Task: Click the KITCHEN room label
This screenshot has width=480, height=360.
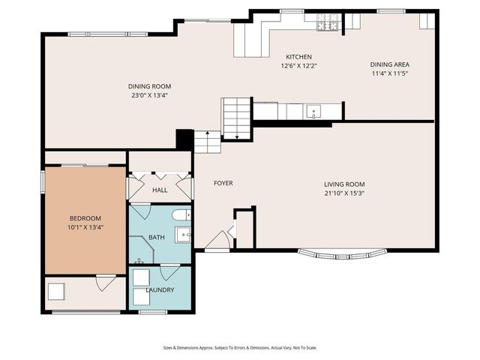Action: pyautogui.click(x=298, y=57)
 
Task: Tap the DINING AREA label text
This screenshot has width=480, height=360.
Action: pyautogui.click(x=390, y=64)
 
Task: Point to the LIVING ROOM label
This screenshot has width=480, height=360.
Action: pyautogui.click(x=344, y=184)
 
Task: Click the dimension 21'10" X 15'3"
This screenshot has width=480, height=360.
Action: pyautogui.click(x=344, y=193)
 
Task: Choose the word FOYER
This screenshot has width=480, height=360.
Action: pyautogui.click(x=223, y=183)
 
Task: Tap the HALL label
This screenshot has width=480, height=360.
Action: pyautogui.click(x=160, y=190)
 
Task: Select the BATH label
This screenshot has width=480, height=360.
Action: pyautogui.click(x=157, y=238)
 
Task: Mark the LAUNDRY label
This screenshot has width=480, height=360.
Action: pyautogui.click(x=160, y=289)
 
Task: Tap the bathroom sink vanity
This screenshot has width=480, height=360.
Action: pyautogui.click(x=184, y=235)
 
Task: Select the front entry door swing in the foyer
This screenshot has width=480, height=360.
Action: pyautogui.click(x=218, y=241)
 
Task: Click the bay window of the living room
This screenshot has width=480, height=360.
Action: pyautogui.click(x=343, y=253)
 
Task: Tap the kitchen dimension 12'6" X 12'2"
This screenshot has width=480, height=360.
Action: pyautogui.click(x=298, y=66)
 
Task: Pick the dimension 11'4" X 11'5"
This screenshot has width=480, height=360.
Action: pyautogui.click(x=390, y=73)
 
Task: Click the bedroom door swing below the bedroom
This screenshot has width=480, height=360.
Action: pyautogui.click(x=105, y=283)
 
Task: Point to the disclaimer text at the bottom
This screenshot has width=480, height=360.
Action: pyautogui.click(x=239, y=347)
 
